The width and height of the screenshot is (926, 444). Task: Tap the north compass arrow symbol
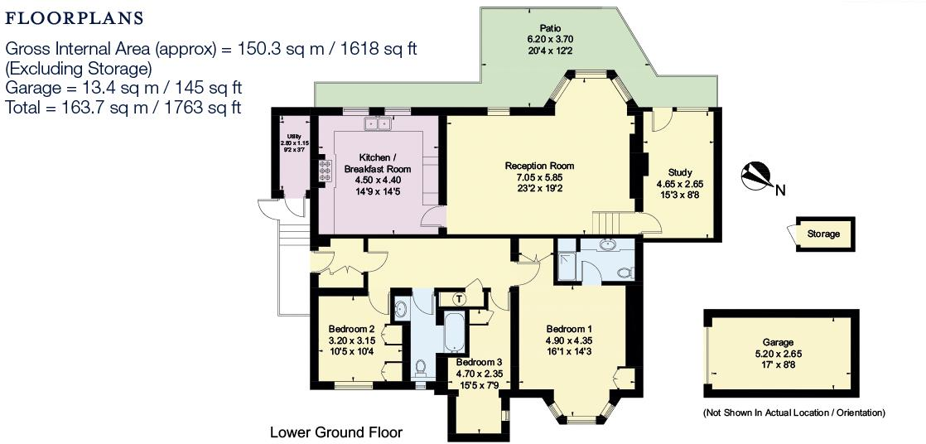(x=756, y=176)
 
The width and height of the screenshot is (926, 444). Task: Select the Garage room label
(x=778, y=341)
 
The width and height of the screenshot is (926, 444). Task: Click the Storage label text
(x=823, y=234)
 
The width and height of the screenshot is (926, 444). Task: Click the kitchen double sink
(x=378, y=124)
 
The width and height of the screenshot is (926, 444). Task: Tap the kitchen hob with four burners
(x=324, y=170)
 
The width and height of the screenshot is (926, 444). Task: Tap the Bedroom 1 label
(x=568, y=329)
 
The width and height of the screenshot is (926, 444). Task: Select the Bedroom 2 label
(x=352, y=328)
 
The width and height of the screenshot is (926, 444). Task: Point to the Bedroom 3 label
(x=479, y=362)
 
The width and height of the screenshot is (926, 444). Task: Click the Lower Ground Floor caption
(x=335, y=432)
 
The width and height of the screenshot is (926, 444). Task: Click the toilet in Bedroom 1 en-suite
(x=625, y=271)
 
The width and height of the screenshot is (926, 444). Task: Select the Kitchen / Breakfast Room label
(x=378, y=163)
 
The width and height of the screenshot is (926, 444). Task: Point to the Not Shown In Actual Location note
(x=793, y=413)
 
